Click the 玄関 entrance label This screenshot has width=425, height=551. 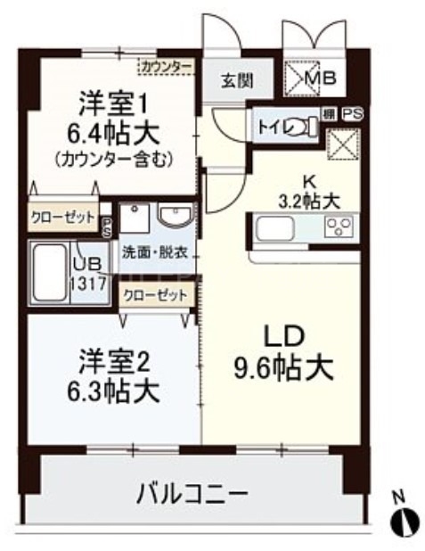click(x=236, y=80)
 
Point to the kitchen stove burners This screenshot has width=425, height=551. click(x=341, y=228)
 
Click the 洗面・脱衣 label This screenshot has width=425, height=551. click(x=154, y=252)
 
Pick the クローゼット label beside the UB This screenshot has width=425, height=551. click(x=61, y=217)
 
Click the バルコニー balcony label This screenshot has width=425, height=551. click(x=192, y=492)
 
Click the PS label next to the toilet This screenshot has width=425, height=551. click(x=353, y=114)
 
